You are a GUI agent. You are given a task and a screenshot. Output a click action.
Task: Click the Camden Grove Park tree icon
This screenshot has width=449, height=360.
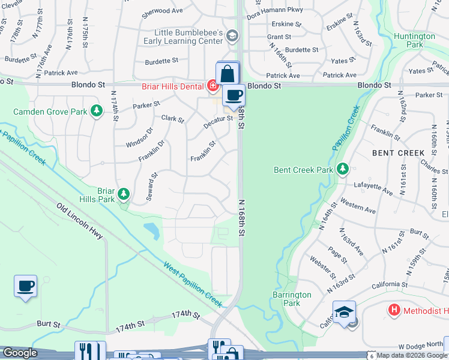coord(96,110)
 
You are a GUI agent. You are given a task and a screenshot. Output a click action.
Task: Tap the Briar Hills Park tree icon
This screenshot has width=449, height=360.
coord(123,193)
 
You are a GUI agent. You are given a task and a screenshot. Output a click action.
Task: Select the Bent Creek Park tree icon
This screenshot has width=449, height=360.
coord(343,170)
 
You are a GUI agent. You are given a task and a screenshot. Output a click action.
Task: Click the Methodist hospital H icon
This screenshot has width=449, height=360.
coord(394,310)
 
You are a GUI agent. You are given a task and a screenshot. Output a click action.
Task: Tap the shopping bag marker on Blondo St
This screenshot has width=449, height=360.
coord(228,74)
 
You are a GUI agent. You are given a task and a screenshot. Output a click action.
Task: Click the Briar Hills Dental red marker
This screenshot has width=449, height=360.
coord(212,86)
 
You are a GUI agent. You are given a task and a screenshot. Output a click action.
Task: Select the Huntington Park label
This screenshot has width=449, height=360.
coord(415,40)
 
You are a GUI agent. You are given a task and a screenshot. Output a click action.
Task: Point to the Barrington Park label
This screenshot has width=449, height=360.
coord(292,299)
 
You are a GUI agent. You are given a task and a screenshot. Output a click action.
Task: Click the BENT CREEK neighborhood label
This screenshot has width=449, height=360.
coord(398,153)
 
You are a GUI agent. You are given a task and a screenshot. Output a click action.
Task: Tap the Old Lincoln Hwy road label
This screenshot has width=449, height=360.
coord(80,221)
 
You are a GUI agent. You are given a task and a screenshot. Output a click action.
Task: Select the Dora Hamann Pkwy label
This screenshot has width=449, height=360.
coord(274,10)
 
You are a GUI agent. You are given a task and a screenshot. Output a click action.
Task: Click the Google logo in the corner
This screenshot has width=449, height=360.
coord(20,353)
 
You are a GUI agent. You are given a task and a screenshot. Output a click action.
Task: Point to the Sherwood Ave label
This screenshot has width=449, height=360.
coord(162,11)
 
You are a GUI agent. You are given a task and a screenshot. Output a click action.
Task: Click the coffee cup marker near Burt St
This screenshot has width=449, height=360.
coord(25,286)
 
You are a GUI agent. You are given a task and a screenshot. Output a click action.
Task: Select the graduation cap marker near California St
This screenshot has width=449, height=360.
coord(344,313)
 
